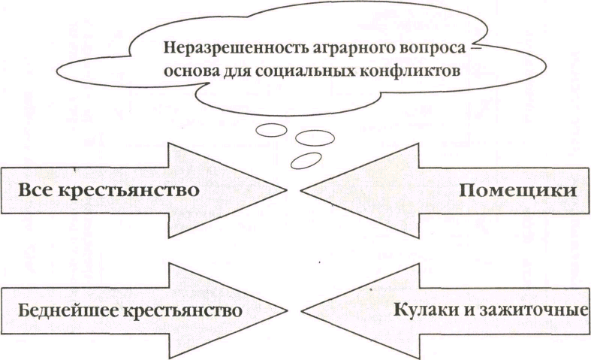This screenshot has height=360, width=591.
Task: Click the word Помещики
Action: (x=517, y=190)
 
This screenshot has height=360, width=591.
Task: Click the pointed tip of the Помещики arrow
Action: (x=302, y=189)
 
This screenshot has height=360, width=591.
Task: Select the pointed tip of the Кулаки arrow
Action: (x=303, y=308)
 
